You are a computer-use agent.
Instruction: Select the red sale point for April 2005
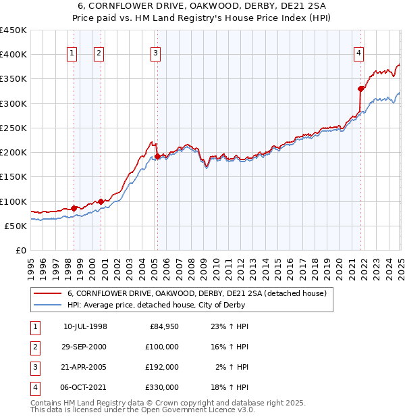[157, 156]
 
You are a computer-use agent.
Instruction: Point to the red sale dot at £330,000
[360, 89]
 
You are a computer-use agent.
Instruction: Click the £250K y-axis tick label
[13, 128]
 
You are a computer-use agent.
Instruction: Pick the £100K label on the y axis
[13, 201]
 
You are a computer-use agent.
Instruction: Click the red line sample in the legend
[48, 293]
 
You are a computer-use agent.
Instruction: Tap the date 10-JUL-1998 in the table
[85, 326]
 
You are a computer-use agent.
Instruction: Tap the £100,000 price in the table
[163, 347]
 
